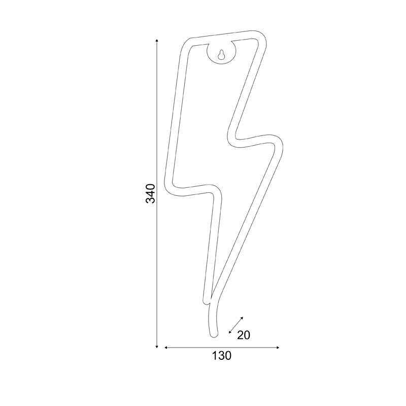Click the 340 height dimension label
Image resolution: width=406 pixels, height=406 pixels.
[x=151, y=193]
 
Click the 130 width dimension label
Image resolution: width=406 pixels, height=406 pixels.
[x=222, y=356]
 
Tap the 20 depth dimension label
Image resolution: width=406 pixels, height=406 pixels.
[x=244, y=335]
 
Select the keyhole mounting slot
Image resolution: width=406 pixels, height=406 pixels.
[x=221, y=55]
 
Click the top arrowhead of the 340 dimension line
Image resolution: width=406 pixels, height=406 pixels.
[x=157, y=41]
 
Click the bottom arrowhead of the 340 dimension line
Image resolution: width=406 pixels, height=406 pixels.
[x=157, y=346]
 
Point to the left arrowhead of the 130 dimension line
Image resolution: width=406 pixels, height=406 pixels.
[x=166, y=348]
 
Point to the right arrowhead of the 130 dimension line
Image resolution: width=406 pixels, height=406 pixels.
[x=278, y=348]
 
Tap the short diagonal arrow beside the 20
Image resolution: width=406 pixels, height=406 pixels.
[x=236, y=325]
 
